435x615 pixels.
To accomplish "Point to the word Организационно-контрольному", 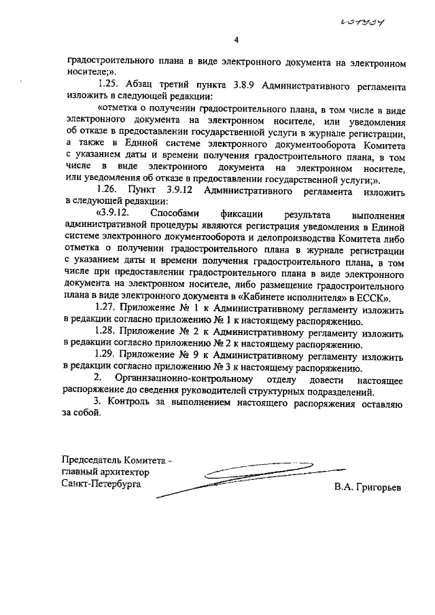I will click(x=186, y=378).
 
